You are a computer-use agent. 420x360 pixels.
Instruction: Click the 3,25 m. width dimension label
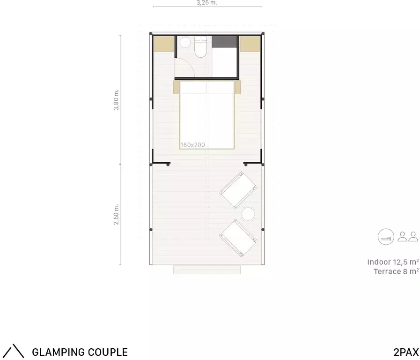click(x=207, y=3)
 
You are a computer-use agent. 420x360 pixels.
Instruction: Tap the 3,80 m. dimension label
click(x=116, y=100)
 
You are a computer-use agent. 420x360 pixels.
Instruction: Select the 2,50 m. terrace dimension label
click(x=116, y=214)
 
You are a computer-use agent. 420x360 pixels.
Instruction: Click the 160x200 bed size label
click(x=192, y=145)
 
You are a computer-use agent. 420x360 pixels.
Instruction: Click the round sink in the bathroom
click(x=185, y=43)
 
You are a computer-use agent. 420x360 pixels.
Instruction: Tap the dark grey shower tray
click(x=224, y=42)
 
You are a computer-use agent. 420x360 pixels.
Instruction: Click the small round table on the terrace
click(x=248, y=214)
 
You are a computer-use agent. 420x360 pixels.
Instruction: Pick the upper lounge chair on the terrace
click(x=238, y=190)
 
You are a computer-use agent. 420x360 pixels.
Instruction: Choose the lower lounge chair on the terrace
click(x=238, y=238)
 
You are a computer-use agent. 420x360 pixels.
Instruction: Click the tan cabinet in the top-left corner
click(x=164, y=44)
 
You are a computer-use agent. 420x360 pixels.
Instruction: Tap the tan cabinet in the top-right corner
click(x=250, y=44)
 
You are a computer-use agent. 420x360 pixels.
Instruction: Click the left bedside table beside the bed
click(x=176, y=87)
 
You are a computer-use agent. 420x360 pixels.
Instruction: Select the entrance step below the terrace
click(x=207, y=270)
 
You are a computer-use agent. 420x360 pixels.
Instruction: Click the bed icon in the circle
click(x=386, y=237)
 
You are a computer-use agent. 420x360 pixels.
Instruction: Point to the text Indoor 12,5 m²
click(x=393, y=262)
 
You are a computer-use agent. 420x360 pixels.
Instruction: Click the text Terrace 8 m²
click(x=396, y=271)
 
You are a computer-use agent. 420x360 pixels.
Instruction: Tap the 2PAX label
click(x=406, y=352)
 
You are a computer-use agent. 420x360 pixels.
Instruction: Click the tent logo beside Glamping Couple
click(x=15, y=351)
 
